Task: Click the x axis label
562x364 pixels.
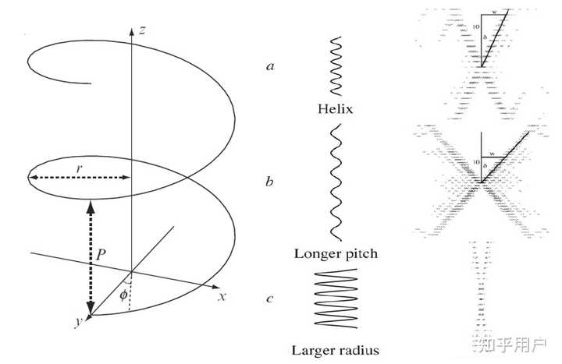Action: [x=222, y=296]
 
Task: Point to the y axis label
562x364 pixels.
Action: [x=77, y=322]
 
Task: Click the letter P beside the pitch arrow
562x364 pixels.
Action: [x=101, y=253]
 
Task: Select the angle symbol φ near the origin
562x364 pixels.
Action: [x=123, y=294]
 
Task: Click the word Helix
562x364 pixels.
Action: [x=336, y=108]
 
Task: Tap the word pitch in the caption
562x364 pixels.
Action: [x=361, y=254]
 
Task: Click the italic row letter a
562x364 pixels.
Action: [x=270, y=67]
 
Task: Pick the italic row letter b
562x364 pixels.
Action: [x=269, y=182]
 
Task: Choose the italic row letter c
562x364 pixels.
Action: [x=269, y=297]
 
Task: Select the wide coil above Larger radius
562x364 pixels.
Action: [x=336, y=298]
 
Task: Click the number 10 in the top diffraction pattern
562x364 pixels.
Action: [x=477, y=27]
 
